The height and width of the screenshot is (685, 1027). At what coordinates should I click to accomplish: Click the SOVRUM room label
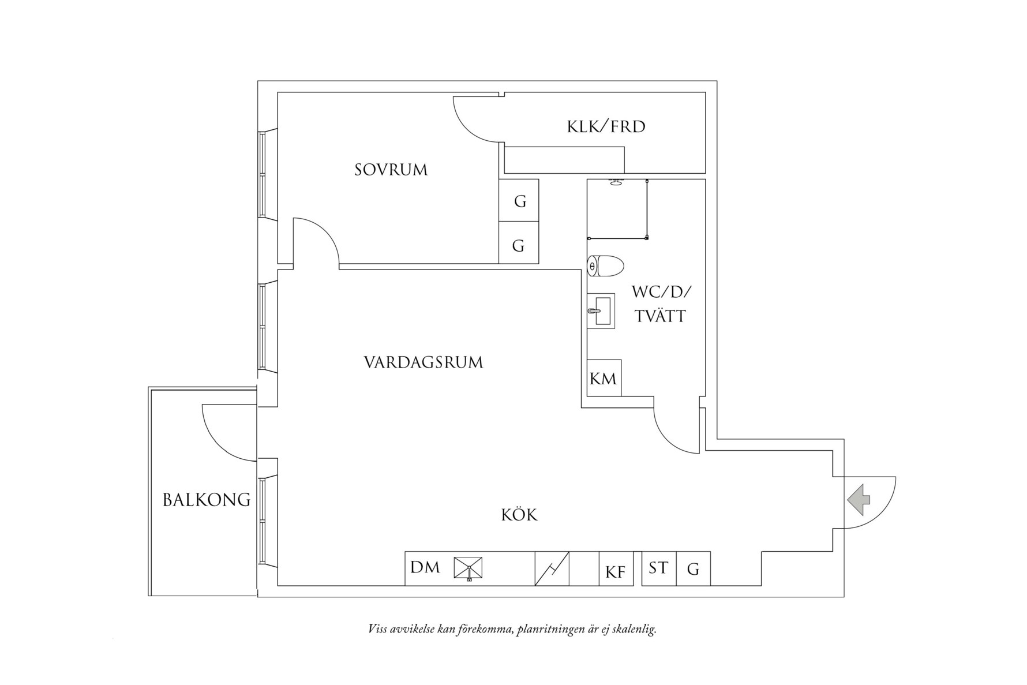(x=391, y=170)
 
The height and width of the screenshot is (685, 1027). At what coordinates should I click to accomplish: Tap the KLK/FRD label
(x=606, y=126)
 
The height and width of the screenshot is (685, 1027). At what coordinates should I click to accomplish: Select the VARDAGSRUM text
(x=423, y=362)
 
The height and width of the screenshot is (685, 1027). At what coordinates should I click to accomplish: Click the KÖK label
(x=519, y=515)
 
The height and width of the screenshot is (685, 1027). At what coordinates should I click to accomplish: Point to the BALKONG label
(x=206, y=500)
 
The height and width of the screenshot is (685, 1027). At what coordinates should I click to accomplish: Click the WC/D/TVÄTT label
(x=661, y=304)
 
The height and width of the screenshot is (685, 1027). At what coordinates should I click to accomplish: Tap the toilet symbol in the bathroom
(x=605, y=266)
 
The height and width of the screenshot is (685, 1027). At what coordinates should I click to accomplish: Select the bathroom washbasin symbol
(x=601, y=311)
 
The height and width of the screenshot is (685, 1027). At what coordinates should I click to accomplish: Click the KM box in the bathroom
(x=604, y=379)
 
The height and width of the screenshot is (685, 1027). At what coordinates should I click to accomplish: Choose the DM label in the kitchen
(x=425, y=568)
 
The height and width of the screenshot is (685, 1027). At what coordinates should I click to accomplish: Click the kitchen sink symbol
(x=468, y=569)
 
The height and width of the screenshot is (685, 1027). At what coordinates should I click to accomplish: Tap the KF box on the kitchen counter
(x=616, y=572)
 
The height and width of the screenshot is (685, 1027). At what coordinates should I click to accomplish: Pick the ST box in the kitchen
(x=658, y=568)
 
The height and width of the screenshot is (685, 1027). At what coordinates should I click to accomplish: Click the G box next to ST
(x=693, y=570)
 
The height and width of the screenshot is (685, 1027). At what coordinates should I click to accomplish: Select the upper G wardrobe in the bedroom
(x=519, y=201)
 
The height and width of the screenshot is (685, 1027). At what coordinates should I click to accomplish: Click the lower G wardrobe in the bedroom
(x=518, y=246)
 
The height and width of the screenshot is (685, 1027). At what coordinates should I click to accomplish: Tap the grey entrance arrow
(x=859, y=500)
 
